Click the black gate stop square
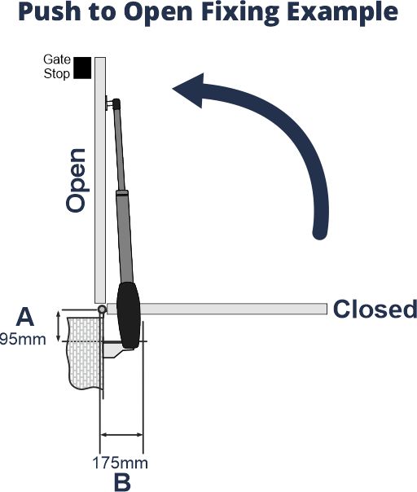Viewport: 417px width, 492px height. click(82, 68)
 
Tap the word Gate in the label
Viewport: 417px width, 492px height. click(57, 59)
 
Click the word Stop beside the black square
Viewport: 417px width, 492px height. click(56, 74)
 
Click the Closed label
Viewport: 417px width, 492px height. click(375, 309)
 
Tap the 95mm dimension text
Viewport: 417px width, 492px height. click(23, 339)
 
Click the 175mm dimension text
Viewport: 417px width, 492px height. click(121, 463)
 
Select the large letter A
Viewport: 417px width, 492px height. click(24, 317)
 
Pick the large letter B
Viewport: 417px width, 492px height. click(122, 481)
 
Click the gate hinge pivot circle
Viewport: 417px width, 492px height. click(102, 310)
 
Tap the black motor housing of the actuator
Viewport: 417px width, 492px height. click(129, 315)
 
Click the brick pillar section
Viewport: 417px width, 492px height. click(85, 353)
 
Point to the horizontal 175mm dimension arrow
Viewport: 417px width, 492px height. click(121, 435)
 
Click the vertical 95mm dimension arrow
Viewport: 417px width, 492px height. click(59, 327)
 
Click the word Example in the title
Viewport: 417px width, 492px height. click(342, 12)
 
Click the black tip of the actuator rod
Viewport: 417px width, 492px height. click(116, 104)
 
